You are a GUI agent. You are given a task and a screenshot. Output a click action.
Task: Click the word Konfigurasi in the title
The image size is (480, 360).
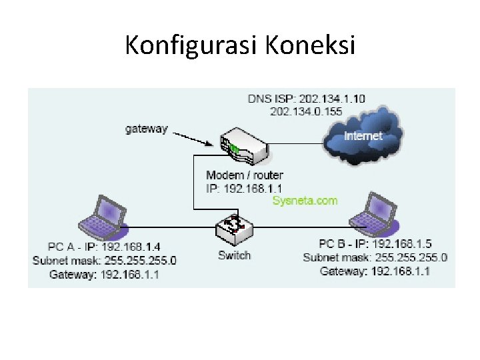coord(191,45)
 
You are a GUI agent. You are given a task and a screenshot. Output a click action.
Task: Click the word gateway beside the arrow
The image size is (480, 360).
coord(147,129)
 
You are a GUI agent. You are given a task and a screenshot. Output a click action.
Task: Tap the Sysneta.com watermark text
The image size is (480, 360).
coord(305,200)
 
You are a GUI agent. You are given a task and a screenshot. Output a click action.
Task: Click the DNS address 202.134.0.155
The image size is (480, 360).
coord(306,111)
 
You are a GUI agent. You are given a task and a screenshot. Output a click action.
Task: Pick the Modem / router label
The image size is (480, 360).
coord(245,175)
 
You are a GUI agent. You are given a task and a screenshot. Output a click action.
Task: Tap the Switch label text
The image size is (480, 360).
coord(235,255)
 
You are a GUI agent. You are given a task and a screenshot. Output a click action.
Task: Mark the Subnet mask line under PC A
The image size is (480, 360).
coord(105,259)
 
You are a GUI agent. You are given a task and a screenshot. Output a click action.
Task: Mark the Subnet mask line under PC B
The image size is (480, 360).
coord(375,257)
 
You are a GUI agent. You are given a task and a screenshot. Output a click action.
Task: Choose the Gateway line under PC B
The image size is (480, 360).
coord(375,271)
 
